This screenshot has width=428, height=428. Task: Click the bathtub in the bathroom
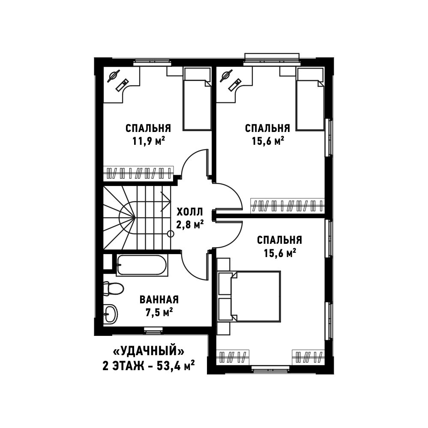[x=142, y=265]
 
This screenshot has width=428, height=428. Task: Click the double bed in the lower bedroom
[x=255, y=296]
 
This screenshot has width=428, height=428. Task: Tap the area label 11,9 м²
[x=149, y=141]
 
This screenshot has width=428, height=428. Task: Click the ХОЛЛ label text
[x=190, y=212]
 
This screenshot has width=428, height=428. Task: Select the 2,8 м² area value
[x=190, y=224]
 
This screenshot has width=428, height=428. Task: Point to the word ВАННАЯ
[x=159, y=299]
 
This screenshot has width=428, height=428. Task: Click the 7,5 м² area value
[x=159, y=312]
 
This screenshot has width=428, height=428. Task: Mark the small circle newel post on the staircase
[x=171, y=234]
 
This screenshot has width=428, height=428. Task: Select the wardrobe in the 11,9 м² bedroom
[x=138, y=173]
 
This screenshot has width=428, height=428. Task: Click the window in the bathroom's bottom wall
[x=153, y=330]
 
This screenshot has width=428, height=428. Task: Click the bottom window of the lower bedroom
[x=270, y=370]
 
